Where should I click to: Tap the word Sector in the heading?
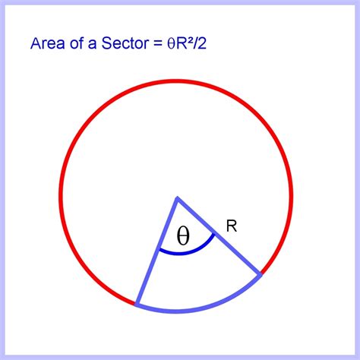click(x=125, y=43)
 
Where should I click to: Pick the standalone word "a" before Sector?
click(x=93, y=45)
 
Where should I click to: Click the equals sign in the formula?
click(x=157, y=44)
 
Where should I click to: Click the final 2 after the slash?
click(x=202, y=43)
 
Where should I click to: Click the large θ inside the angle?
click(x=183, y=236)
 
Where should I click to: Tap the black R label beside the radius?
click(x=232, y=226)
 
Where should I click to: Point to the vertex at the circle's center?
click(x=178, y=197)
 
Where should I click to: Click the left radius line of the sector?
click(x=157, y=251)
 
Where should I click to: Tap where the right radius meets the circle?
click(x=261, y=275)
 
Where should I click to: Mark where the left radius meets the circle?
click(x=136, y=305)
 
